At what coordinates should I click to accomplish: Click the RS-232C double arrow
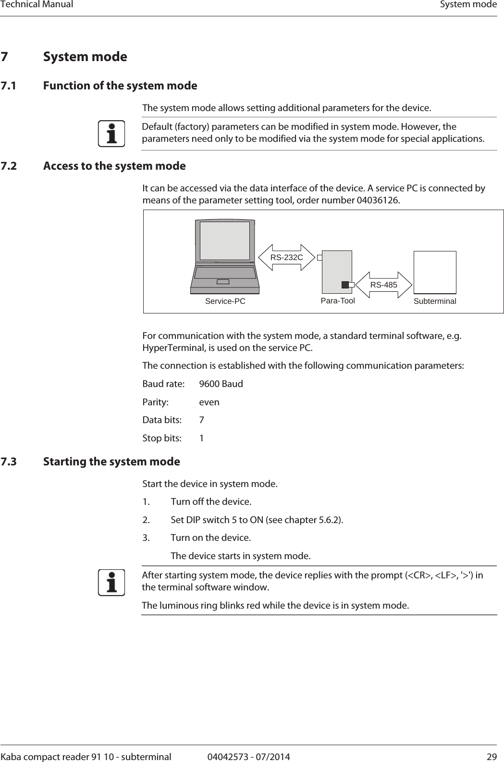(286, 258)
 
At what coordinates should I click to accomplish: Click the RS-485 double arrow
(384, 285)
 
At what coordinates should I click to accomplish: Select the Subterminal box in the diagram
(435, 272)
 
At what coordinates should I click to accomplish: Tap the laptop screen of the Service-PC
(225, 240)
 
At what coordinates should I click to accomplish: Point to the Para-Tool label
(338, 301)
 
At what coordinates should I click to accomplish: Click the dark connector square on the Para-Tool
(345, 285)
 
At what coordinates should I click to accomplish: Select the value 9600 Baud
(221, 384)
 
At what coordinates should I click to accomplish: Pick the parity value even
(209, 402)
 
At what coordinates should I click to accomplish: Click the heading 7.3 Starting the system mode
(111, 462)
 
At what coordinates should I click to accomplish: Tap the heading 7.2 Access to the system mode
(114, 166)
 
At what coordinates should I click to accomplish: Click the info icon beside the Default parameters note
(111, 134)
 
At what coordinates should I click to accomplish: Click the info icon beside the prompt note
(111, 583)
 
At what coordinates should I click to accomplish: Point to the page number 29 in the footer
(492, 757)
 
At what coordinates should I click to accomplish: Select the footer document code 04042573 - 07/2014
(248, 757)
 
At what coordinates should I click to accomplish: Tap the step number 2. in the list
(146, 520)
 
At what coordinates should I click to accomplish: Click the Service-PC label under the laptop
(225, 301)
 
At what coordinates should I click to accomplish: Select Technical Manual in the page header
(37, 5)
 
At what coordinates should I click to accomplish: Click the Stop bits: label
(162, 438)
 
